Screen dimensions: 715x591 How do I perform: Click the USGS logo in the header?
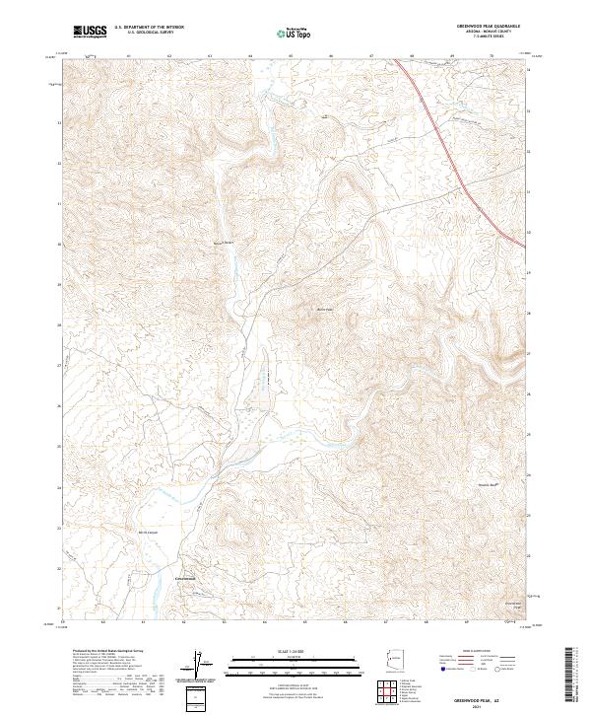(x=92, y=32)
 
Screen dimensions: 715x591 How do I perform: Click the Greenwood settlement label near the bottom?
(x=186, y=578)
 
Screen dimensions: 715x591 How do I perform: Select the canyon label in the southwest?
(x=148, y=533)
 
